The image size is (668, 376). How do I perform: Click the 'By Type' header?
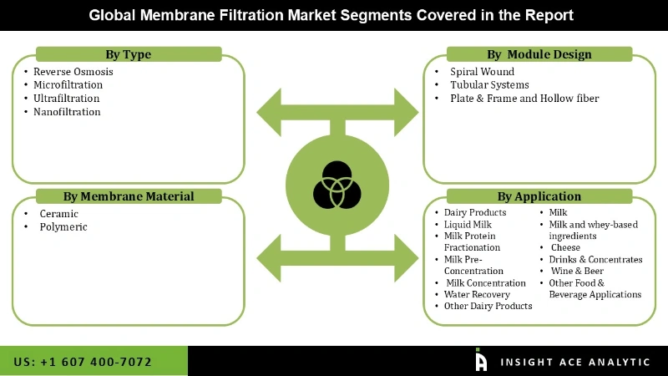tap(129, 54)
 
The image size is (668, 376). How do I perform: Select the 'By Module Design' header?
tap(539, 54)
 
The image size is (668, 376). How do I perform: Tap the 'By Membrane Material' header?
tap(129, 196)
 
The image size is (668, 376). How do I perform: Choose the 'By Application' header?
tap(539, 196)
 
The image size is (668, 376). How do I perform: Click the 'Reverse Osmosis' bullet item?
tap(73, 72)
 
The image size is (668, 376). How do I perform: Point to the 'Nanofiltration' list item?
tap(67, 112)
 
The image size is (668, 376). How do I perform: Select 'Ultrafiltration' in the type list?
tap(67, 98)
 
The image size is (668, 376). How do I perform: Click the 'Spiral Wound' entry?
tap(483, 72)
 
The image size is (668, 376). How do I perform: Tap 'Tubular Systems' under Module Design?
tap(489, 85)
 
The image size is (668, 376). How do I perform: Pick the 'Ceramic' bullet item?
tap(58, 214)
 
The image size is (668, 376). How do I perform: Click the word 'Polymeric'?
tap(63, 226)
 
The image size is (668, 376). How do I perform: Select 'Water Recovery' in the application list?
tap(477, 295)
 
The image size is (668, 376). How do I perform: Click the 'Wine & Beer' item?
tap(577, 271)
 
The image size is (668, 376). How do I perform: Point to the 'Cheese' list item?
tap(565, 247)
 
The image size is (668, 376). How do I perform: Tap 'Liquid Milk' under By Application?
tap(468, 225)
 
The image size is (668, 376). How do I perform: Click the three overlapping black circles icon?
tap(337, 185)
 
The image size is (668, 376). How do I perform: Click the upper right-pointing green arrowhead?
tap(406, 113)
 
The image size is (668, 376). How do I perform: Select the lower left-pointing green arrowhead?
tap(269, 258)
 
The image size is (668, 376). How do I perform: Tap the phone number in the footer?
tap(83, 362)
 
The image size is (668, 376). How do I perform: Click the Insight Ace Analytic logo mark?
tap(481, 359)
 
